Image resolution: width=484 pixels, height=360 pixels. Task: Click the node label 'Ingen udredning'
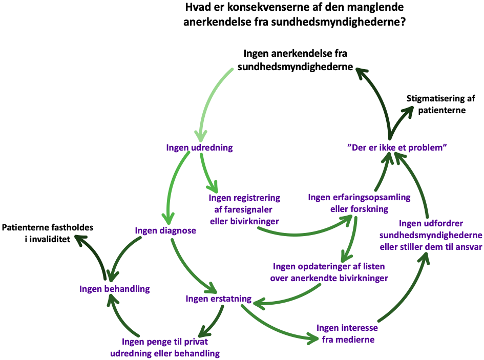(199, 147)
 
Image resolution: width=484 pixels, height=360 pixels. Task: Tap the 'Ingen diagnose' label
(165, 230)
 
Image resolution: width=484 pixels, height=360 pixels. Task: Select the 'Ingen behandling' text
(115, 289)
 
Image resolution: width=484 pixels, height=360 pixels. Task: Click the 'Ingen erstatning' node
(219, 299)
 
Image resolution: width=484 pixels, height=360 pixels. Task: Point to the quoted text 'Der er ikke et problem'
(397, 147)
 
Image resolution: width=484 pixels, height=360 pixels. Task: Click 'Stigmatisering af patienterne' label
(436, 104)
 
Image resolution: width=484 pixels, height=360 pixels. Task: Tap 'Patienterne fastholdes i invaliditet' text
(48, 232)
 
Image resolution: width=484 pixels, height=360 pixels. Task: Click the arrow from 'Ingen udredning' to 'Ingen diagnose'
(172, 184)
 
